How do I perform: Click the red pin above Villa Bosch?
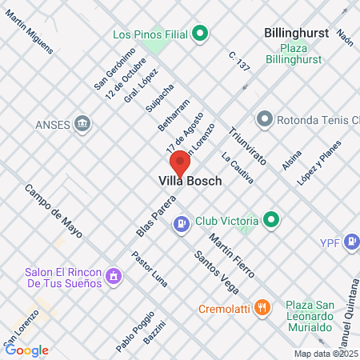[x=181, y=162]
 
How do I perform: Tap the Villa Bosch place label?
[x=185, y=182]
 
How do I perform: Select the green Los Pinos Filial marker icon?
[x=201, y=34]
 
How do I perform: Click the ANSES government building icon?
[x=82, y=124]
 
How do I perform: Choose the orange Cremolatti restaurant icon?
[x=262, y=307]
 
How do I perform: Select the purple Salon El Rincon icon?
[x=114, y=277]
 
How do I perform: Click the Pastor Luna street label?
[x=150, y=270]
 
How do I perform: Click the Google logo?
[x=27, y=350]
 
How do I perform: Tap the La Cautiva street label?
[x=237, y=169]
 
